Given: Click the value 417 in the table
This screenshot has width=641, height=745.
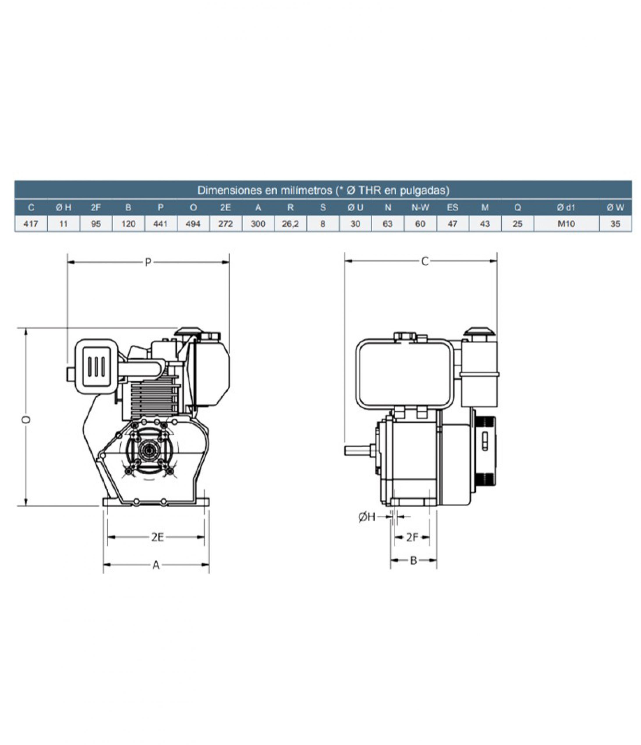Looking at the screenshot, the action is (31, 223).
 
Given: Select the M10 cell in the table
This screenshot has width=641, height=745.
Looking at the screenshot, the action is (566, 223).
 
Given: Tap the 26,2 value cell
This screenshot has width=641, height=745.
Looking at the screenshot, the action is (290, 223).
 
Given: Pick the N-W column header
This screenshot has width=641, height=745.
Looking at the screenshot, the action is (420, 207).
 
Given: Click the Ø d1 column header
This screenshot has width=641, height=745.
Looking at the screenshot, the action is (566, 207).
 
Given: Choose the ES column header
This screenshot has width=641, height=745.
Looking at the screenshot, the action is (452, 207).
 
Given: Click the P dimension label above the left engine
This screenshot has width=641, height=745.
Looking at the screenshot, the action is (148, 262).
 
